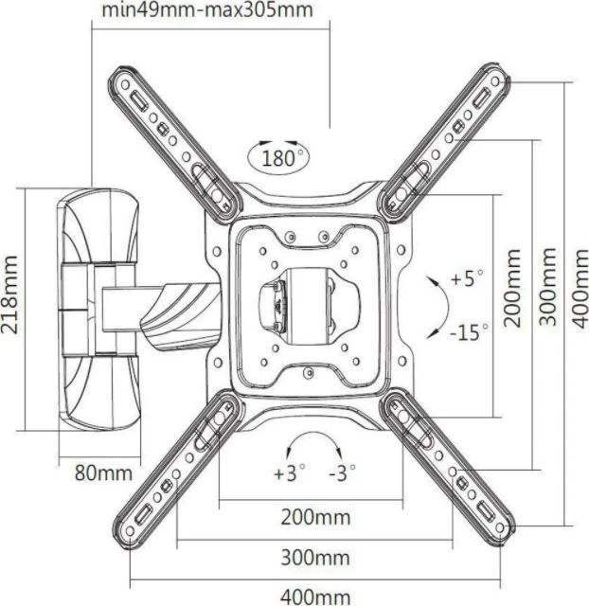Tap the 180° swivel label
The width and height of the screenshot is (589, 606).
coord(282,156)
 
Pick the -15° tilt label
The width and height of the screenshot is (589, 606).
coord(469,332)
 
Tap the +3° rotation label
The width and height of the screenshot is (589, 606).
coord(290,473)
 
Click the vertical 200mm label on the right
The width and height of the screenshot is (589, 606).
coord(512,288)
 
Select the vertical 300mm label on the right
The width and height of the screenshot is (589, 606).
coord(547,288)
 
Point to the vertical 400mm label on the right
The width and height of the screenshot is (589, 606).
coord(580,288)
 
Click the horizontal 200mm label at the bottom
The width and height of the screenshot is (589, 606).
coord(315,518)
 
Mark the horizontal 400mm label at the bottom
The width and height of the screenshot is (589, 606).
coord(315,597)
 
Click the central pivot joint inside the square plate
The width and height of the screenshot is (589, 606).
coord(306,302)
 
